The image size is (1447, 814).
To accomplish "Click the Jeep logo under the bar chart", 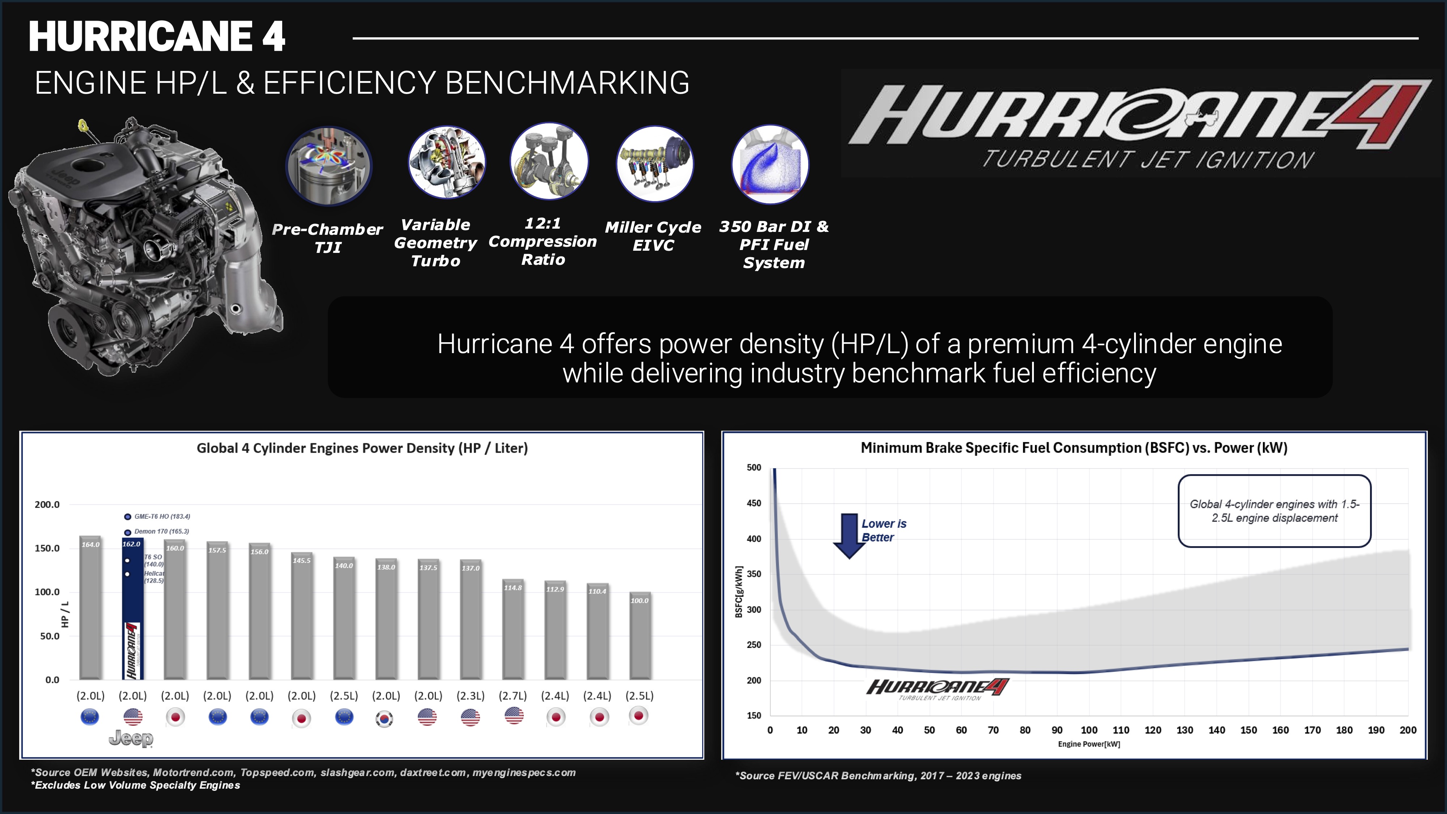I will click(131, 738).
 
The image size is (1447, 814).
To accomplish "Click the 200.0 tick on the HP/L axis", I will click(47, 504).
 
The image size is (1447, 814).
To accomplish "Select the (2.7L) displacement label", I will click(512, 695).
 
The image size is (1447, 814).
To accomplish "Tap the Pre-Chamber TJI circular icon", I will click(328, 166).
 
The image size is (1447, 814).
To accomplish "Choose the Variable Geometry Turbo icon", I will click(446, 162).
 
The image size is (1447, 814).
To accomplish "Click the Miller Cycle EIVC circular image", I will click(654, 164).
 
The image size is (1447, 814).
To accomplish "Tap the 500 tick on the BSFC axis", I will click(754, 467).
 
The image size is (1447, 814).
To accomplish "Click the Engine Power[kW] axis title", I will click(1089, 744).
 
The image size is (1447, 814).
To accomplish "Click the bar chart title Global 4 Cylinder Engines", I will click(362, 448).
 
